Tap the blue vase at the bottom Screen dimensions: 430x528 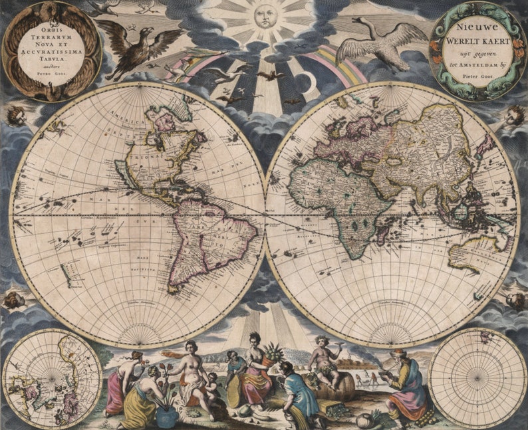166,416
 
